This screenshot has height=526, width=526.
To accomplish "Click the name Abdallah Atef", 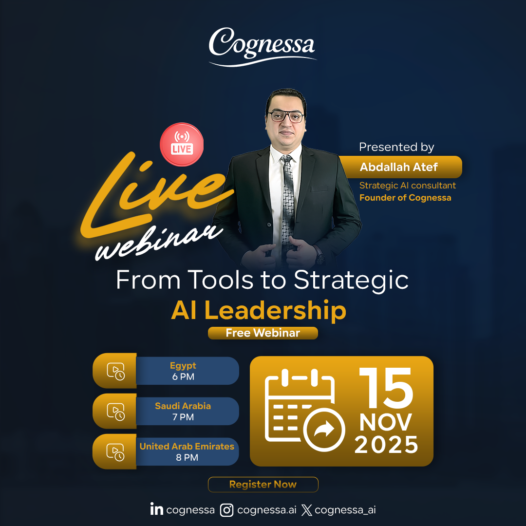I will [x=399, y=168].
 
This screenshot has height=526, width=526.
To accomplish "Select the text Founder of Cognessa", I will [x=405, y=198].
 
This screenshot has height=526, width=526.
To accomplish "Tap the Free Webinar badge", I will [x=263, y=333].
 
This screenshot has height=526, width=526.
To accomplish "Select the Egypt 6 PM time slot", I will [x=183, y=371].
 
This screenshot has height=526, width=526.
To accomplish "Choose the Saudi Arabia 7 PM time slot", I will [x=183, y=411].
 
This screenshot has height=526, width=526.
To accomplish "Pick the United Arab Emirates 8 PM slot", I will [x=187, y=451].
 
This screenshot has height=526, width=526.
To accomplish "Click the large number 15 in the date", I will [x=386, y=388].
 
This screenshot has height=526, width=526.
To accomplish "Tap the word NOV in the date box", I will [x=386, y=422].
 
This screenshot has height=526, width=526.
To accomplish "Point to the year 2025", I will [x=386, y=444].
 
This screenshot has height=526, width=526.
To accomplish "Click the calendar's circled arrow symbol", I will [x=324, y=429].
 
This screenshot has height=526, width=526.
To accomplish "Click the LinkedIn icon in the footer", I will [x=156, y=509].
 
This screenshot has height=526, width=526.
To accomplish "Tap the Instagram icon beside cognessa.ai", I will [x=227, y=510].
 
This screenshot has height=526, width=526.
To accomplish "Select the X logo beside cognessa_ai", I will [x=307, y=510].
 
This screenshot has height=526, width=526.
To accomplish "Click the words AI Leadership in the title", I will [x=259, y=310].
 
